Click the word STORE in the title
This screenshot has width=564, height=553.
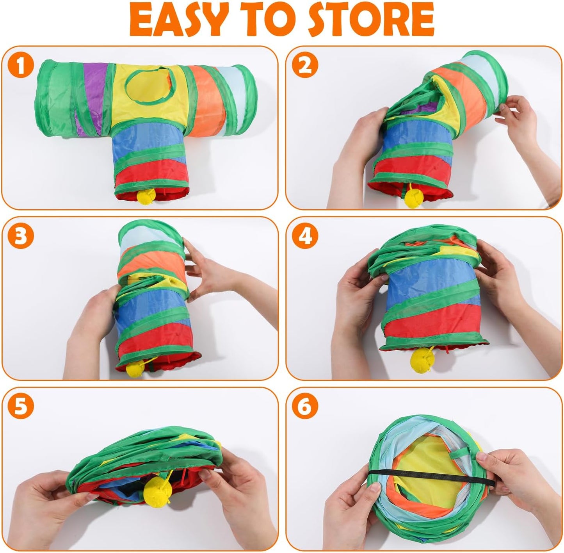371,20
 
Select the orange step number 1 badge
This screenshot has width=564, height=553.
20,66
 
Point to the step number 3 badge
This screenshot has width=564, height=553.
20,236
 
